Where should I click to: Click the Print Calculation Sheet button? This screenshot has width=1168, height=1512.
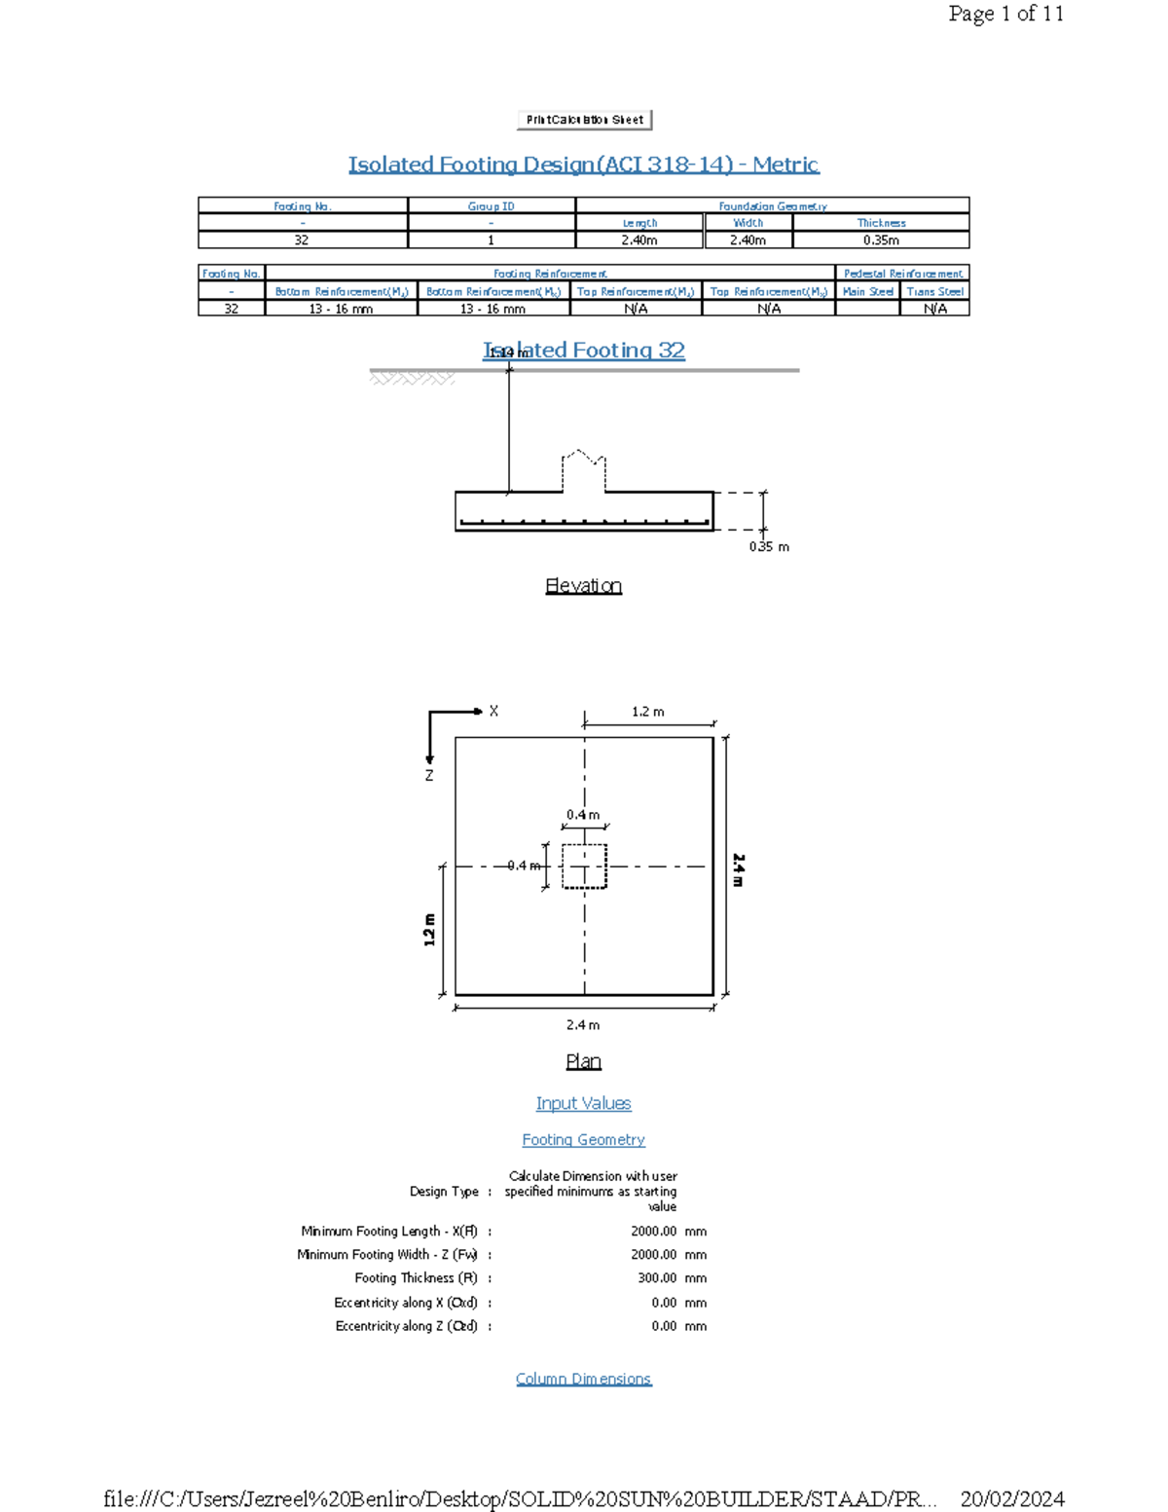point(584,120)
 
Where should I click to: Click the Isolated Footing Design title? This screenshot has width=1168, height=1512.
point(584,165)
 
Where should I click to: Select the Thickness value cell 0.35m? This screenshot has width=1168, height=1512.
point(881,240)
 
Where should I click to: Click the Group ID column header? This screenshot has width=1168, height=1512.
point(491,206)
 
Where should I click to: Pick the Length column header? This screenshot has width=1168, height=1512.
point(639,223)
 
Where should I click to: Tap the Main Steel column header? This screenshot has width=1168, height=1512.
point(867,291)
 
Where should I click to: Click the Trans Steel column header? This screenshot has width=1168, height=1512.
point(934,291)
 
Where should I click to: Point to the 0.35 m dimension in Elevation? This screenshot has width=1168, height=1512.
point(769,547)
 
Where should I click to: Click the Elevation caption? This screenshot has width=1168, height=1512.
point(583,586)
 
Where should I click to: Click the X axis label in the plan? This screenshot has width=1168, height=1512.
point(493,712)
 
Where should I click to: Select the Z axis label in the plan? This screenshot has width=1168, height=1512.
point(428,776)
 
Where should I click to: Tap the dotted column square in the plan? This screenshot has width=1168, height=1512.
point(584,866)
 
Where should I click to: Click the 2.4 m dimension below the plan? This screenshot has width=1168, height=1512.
point(583,1025)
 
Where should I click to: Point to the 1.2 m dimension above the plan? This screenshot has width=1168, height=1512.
point(648,712)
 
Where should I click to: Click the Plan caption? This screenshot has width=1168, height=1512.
point(583,1061)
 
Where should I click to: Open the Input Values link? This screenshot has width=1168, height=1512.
point(583,1103)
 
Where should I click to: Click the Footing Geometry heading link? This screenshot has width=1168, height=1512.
point(583,1140)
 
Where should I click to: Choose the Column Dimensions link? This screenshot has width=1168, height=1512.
point(583,1379)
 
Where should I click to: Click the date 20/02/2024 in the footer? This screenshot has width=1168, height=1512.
point(1011,1498)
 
